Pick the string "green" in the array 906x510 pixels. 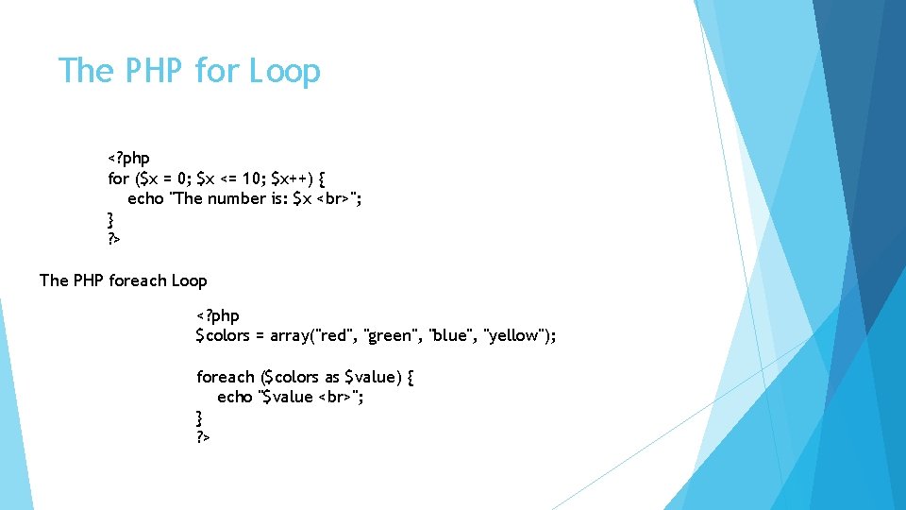[x=391, y=336]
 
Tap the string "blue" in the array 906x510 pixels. [x=451, y=336]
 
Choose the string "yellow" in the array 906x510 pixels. [x=514, y=336]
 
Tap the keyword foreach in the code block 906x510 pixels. [x=226, y=377]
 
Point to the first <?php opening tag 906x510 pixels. [x=128, y=158]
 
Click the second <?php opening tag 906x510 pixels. [x=217, y=315]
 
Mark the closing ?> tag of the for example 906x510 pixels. [x=113, y=240]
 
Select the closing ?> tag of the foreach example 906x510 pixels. [x=202, y=437]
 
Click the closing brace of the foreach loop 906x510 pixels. [x=199, y=416]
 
